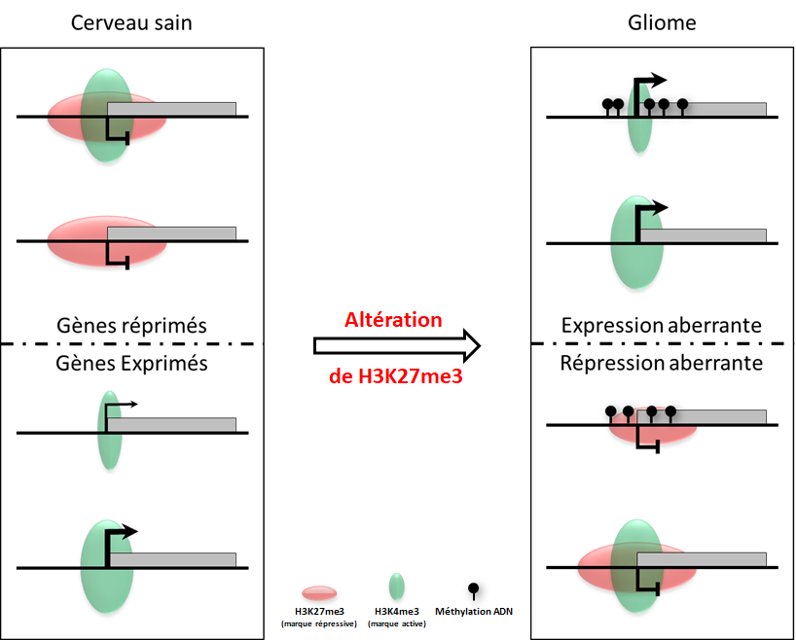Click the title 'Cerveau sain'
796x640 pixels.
point(131,22)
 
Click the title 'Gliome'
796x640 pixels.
point(663,22)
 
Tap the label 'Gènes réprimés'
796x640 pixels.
point(131,326)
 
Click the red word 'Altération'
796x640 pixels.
point(393,319)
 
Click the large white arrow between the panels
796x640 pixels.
point(397,346)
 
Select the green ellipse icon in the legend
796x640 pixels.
point(396,587)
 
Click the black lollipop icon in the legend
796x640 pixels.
point(474,590)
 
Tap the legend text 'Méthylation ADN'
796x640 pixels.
point(474,611)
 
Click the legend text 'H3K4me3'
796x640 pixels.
point(396,611)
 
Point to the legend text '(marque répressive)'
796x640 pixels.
point(319,622)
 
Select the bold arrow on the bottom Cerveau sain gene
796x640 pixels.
point(121,535)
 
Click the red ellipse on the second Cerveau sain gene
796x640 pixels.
point(73,240)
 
